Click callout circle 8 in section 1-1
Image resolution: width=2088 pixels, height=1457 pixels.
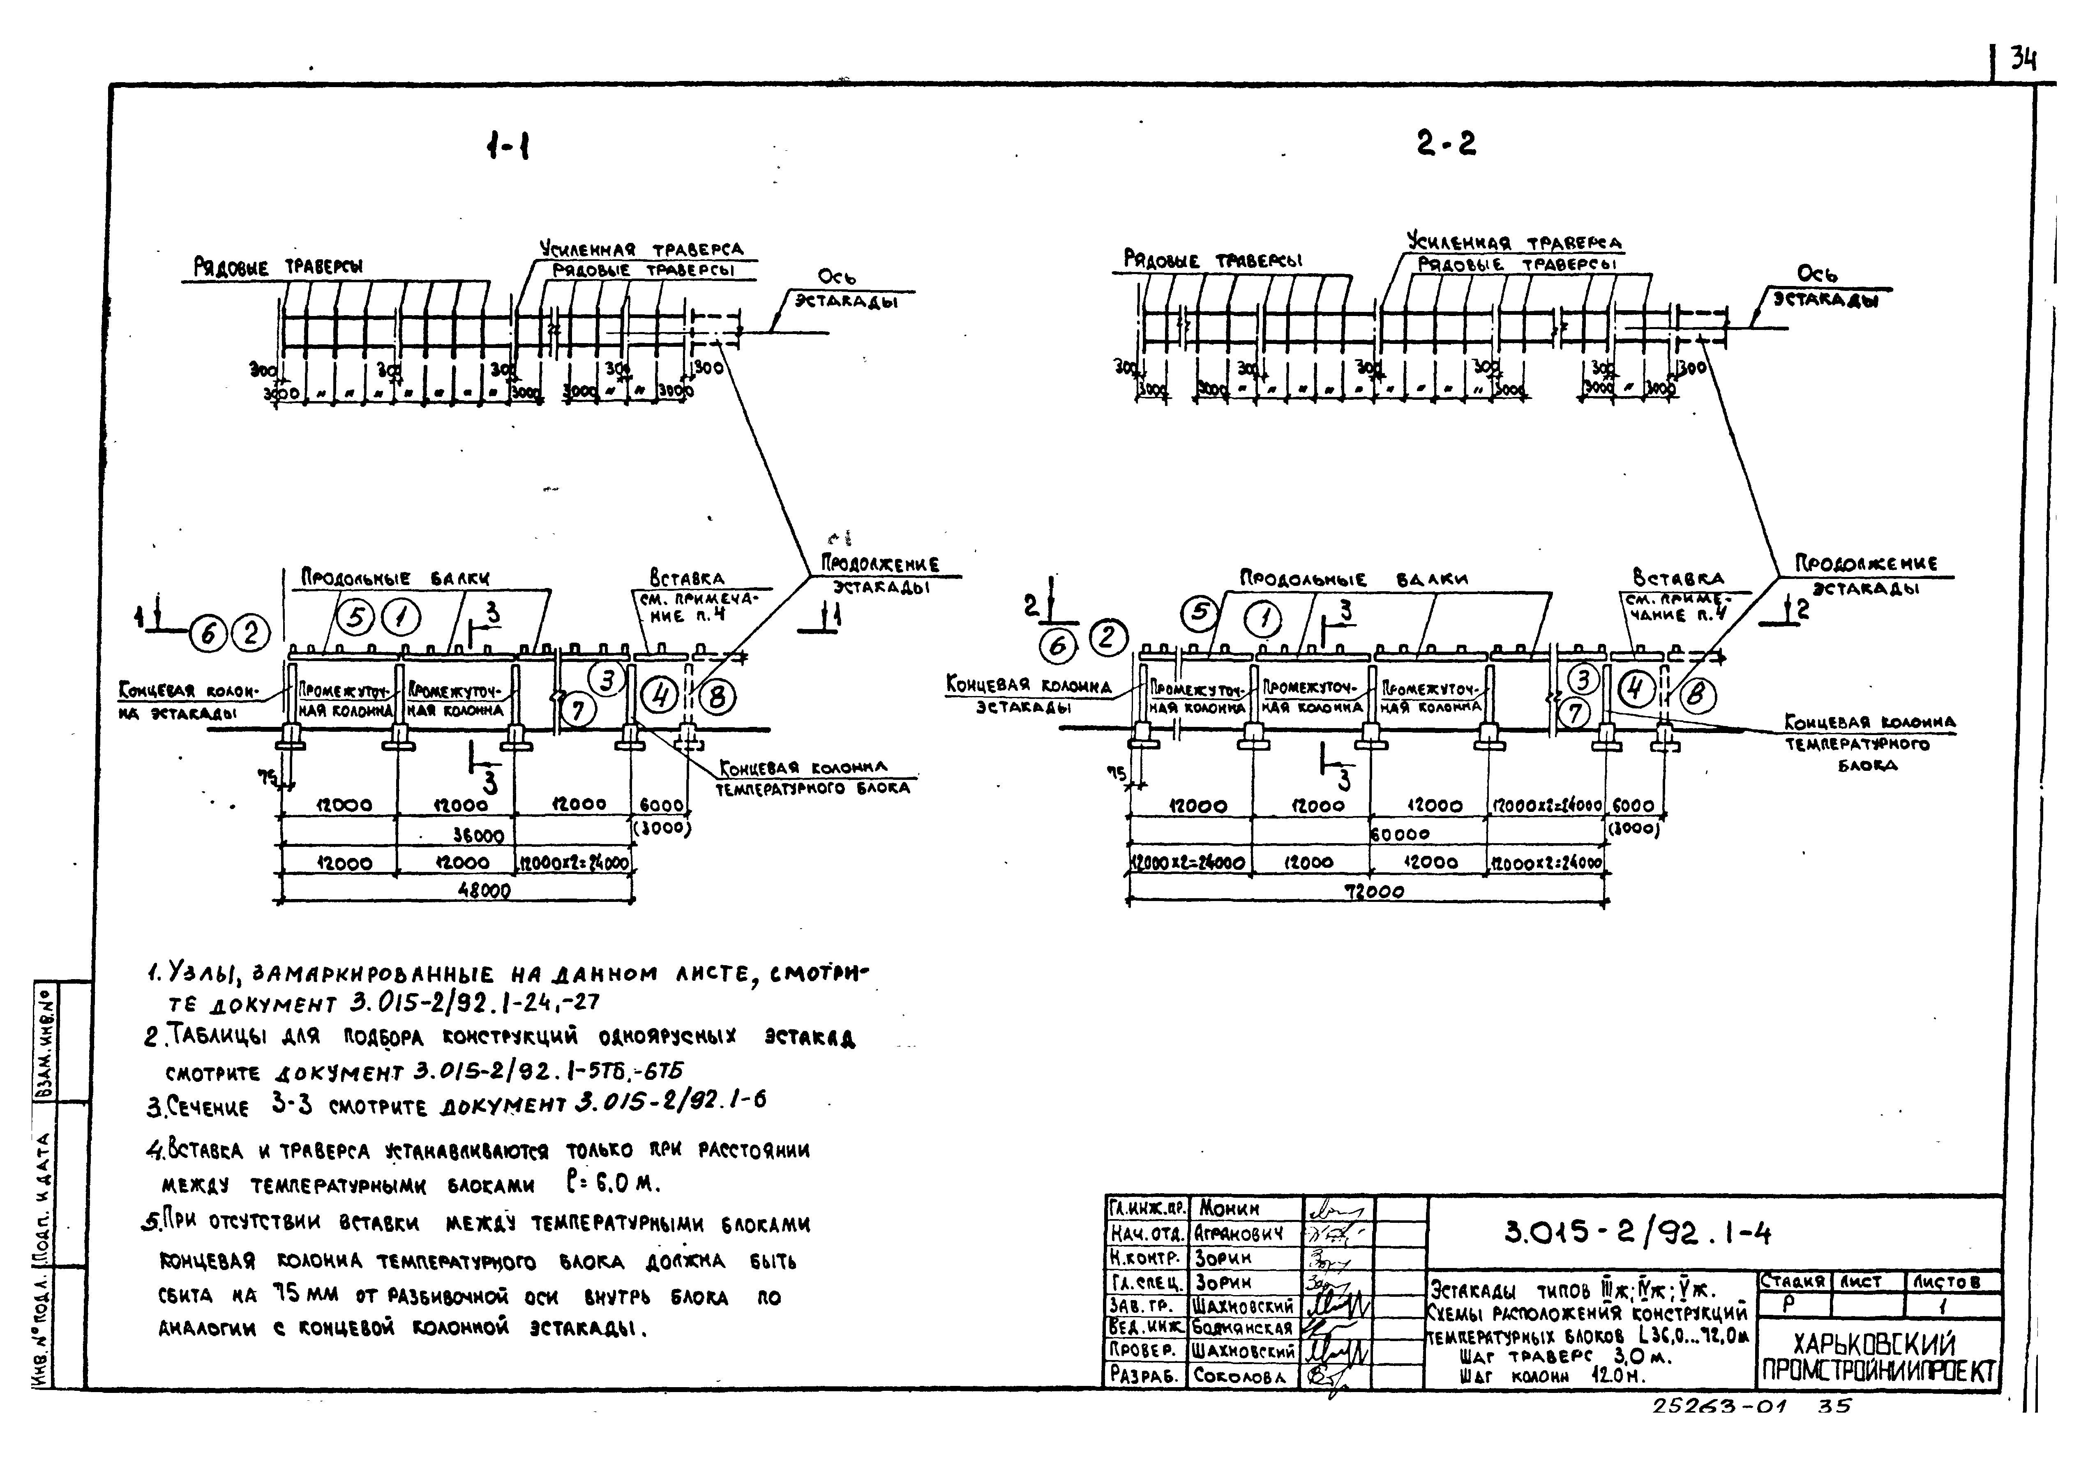point(717,698)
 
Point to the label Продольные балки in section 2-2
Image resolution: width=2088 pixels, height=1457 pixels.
point(1353,579)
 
